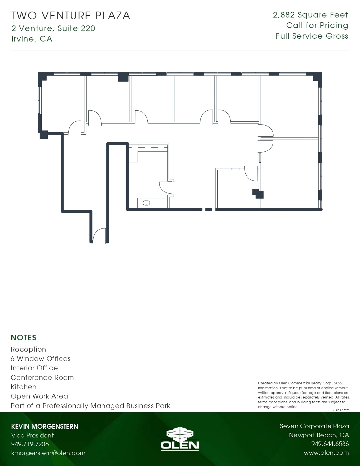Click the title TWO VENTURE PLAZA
coord(71,16)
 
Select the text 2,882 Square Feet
coord(310,15)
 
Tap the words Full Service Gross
coord(312,36)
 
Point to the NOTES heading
coord(23,337)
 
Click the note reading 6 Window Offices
coord(40,359)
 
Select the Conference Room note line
coord(42,378)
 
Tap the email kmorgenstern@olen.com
coord(48,453)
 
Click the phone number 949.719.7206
coord(30,444)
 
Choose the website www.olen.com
coord(326,453)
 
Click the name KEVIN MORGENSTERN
coord(44,426)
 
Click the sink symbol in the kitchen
coord(146,203)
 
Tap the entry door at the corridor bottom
coord(99,236)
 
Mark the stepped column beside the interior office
coord(258,193)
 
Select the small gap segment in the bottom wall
coord(209,209)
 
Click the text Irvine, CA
coord(32,39)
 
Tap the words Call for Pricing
coord(317,25)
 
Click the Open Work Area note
coord(39,396)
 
